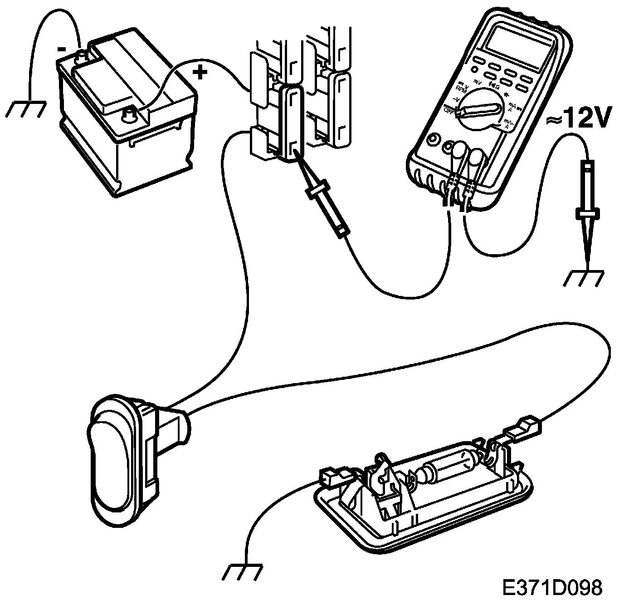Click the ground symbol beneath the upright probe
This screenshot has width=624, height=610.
point(584,278)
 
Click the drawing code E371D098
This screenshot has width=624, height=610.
point(552,587)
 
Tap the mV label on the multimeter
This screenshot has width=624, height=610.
point(477,82)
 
